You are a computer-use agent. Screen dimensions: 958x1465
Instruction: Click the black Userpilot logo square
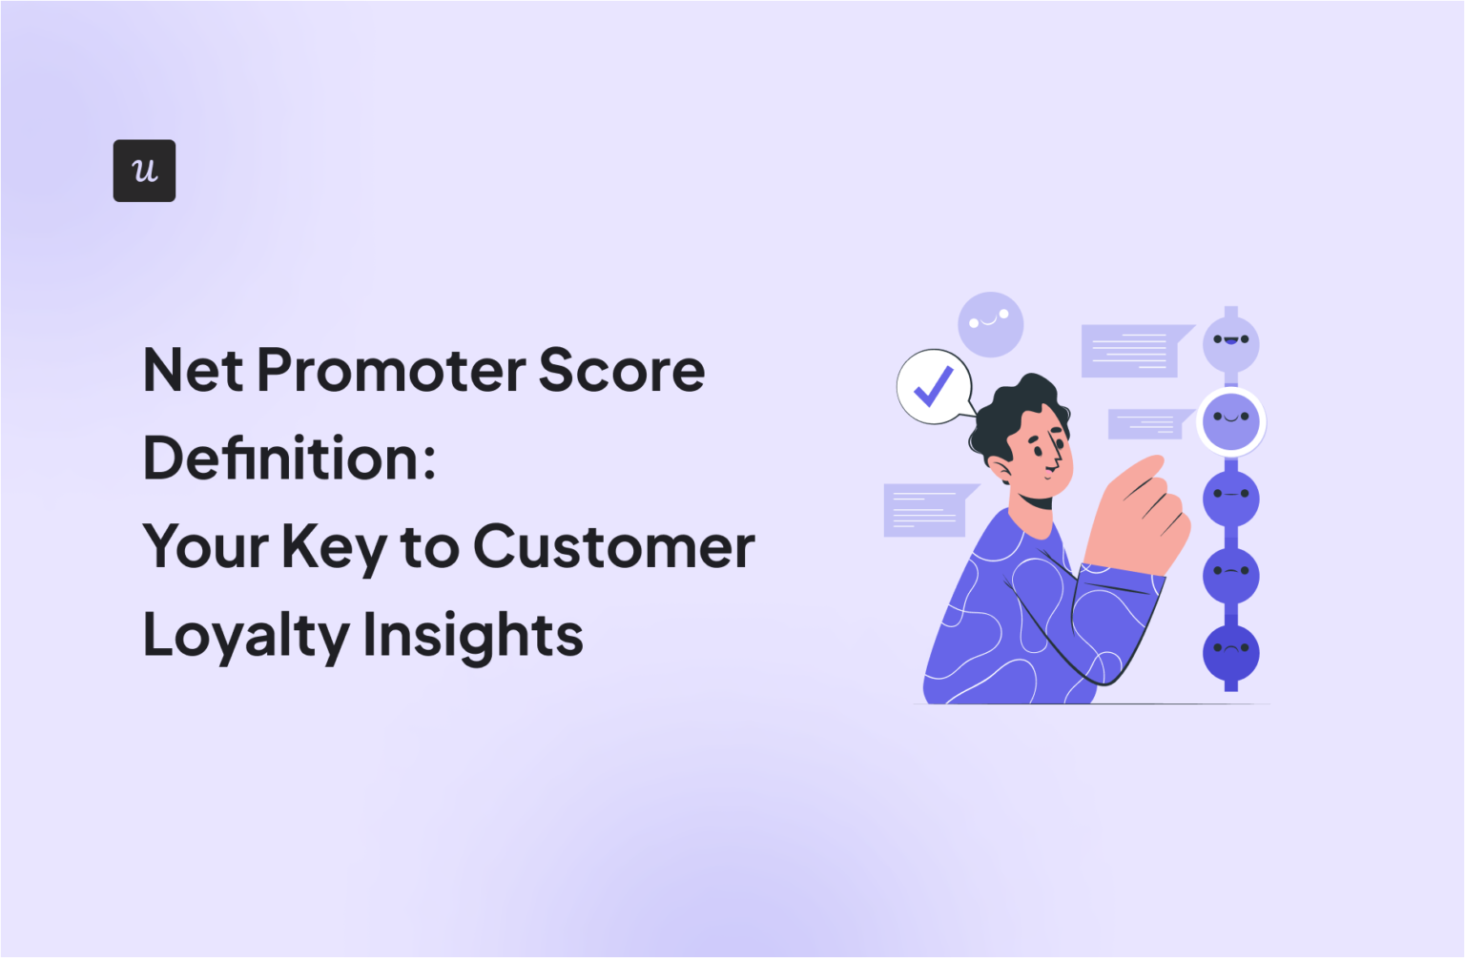(x=144, y=171)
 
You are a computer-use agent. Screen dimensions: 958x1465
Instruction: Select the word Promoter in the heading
(x=390, y=370)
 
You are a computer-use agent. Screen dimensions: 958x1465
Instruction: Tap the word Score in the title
(x=621, y=370)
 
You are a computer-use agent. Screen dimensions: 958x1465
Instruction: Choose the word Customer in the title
(x=613, y=547)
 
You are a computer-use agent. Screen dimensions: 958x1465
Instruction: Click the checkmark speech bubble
(x=934, y=386)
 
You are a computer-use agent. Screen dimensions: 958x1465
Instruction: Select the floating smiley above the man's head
(x=990, y=324)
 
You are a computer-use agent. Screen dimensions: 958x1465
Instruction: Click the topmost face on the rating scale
(x=1230, y=344)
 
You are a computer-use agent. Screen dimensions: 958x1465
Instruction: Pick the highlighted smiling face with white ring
(x=1230, y=421)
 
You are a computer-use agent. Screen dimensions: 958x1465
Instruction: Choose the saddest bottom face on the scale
(x=1230, y=653)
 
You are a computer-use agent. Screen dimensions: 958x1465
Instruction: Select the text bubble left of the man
(x=925, y=510)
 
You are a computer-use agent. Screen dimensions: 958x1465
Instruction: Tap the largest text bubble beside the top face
(x=1131, y=350)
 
